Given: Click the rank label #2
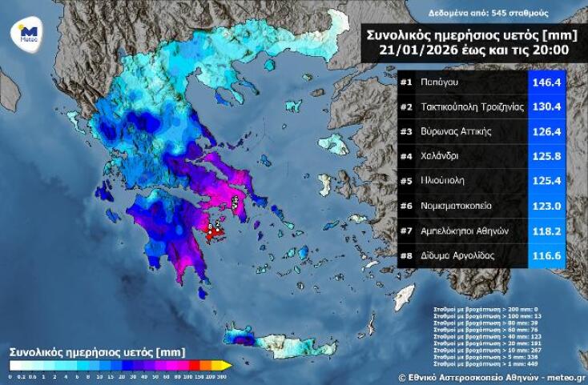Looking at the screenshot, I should (406, 106).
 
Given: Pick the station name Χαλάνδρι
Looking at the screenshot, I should (440, 156).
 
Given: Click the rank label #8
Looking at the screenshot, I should (406, 256).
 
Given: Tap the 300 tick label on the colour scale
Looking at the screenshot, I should (221, 376).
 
